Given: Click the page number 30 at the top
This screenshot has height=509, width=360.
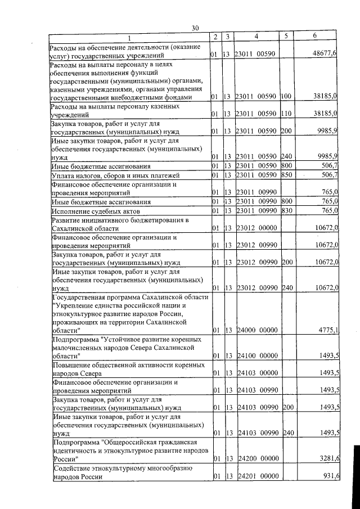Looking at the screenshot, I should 195,28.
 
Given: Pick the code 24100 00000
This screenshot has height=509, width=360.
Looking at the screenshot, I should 256,355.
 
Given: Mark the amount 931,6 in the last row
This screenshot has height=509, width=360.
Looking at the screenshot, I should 328,476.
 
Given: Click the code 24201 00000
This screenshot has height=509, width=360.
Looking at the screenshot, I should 256,476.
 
